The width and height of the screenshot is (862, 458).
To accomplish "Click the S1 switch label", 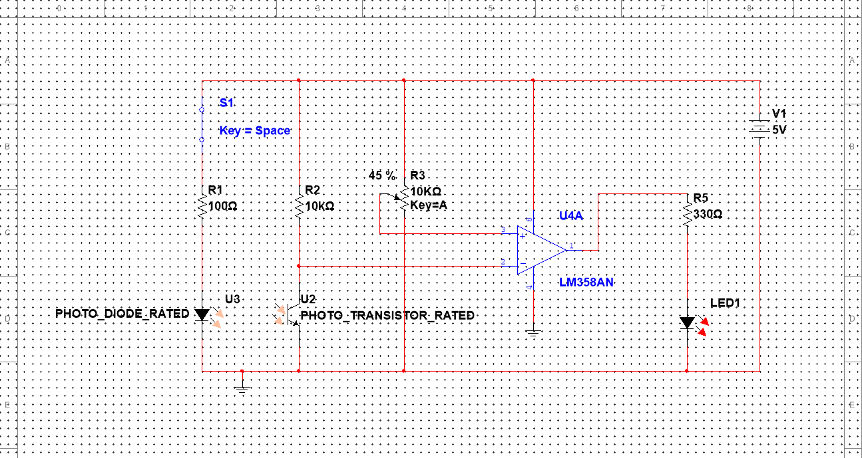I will pyautogui.click(x=227, y=102).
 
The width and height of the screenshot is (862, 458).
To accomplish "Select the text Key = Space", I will pyautogui.click(x=255, y=131).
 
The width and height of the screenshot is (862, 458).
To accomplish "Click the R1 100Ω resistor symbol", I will pyautogui.click(x=202, y=206).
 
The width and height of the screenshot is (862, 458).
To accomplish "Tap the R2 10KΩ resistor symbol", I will pyautogui.click(x=299, y=206).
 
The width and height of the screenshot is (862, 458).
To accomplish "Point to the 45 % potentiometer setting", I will pyautogui.click(x=382, y=175).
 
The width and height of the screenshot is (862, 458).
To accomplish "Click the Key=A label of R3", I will pyautogui.click(x=429, y=205).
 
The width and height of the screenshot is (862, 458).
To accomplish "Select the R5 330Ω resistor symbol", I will pyautogui.click(x=687, y=214).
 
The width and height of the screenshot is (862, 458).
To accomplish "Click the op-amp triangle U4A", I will pyautogui.click(x=540, y=250).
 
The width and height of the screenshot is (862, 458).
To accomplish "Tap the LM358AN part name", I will pyautogui.click(x=586, y=283).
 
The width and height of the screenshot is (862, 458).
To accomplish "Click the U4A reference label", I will pyautogui.click(x=571, y=216).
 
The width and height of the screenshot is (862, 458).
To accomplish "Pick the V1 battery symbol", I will pyautogui.click(x=759, y=126).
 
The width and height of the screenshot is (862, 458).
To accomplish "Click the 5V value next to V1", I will pyautogui.click(x=779, y=130).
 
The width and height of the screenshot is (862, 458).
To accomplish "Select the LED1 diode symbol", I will pyautogui.click(x=687, y=323).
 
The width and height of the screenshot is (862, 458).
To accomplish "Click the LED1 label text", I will pyautogui.click(x=725, y=303).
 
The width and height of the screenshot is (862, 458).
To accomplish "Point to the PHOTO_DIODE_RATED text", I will pyautogui.click(x=122, y=313).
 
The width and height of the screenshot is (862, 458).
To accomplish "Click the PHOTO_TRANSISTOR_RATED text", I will pyautogui.click(x=387, y=315).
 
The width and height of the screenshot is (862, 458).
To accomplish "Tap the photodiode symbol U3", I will pyautogui.click(x=202, y=314).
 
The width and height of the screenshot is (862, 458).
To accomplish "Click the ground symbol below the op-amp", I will pyautogui.click(x=533, y=334).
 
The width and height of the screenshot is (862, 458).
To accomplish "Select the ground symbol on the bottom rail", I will pyautogui.click(x=242, y=387).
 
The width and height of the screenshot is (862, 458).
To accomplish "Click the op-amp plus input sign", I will pyautogui.click(x=523, y=235).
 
